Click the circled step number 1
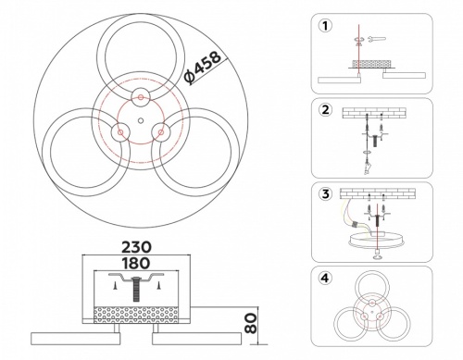[324, 25]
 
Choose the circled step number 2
[324, 111]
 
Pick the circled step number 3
[324, 195]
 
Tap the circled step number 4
[324, 278]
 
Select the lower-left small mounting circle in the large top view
[119, 133]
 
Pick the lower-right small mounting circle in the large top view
[159, 133]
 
